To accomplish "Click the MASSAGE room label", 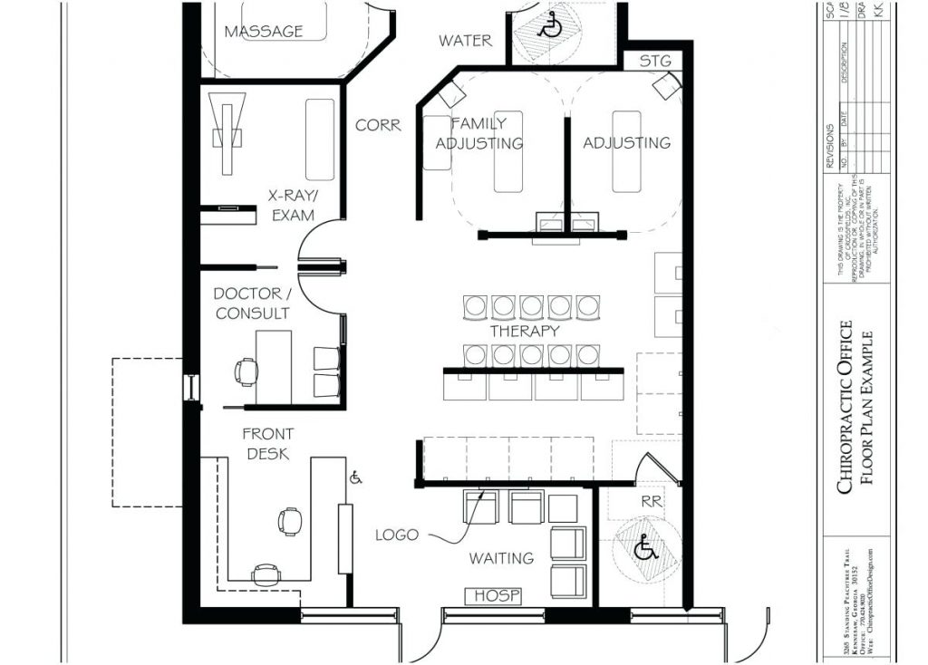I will [x=264, y=32].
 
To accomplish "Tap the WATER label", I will [x=466, y=41].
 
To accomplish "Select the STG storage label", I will [x=656, y=62].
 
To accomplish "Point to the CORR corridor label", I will [x=378, y=126].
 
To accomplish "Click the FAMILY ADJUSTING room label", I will [x=479, y=133].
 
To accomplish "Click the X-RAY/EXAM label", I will [x=292, y=206].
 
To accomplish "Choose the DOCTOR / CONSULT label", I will [x=252, y=304].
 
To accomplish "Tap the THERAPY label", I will [x=524, y=332].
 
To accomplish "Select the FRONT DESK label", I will [x=267, y=444].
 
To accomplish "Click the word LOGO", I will [x=397, y=535].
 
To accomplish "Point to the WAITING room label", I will [x=501, y=558].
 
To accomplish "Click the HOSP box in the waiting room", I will [x=494, y=595].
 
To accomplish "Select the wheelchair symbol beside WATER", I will [x=549, y=28].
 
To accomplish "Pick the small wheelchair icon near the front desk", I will [x=356, y=477].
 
